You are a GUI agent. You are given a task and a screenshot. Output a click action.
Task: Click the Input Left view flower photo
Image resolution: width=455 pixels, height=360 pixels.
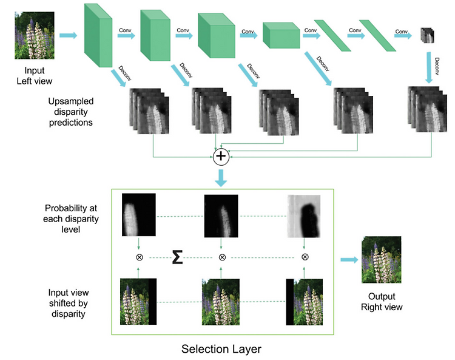(x=35, y=35)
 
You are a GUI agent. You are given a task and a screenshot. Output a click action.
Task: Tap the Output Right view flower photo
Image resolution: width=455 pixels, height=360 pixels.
(x=382, y=260)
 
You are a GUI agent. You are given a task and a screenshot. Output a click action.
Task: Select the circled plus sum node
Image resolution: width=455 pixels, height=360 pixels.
(x=221, y=157)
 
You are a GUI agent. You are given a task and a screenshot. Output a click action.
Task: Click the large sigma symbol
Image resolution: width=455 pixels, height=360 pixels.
(x=177, y=257)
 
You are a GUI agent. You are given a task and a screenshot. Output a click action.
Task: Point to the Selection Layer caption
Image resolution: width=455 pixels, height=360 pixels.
(x=221, y=349)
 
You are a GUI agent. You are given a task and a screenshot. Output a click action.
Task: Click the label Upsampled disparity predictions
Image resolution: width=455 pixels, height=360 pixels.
(x=70, y=112)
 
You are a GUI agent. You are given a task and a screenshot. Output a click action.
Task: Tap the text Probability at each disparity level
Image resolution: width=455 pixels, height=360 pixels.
(x=71, y=219)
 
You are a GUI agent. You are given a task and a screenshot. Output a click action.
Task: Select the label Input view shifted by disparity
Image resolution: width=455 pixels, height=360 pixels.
(x=69, y=303)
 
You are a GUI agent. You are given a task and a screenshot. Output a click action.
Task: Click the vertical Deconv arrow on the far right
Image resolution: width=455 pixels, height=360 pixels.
(x=429, y=68)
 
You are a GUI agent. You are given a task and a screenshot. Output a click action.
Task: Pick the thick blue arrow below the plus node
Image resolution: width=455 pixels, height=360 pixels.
(x=221, y=178)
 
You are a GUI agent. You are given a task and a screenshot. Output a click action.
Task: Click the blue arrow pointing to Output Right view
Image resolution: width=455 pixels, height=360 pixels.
(x=349, y=260)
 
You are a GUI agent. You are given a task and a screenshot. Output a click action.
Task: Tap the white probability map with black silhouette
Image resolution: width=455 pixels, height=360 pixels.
(x=304, y=216)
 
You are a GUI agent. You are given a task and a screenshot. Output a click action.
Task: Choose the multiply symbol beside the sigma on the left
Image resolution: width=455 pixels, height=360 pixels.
(x=140, y=257)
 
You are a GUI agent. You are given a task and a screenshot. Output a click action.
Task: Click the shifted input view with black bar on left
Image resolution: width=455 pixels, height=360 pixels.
(x=304, y=302)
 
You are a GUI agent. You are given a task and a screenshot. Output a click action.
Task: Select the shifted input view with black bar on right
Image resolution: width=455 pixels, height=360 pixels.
(x=138, y=301)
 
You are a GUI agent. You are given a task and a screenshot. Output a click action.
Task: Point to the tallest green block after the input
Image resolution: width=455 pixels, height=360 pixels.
(x=98, y=35)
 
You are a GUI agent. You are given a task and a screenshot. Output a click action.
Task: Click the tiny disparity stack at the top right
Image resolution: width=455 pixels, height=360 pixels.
(x=428, y=35)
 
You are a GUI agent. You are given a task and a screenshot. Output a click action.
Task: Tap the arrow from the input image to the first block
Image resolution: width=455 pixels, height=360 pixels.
(x=69, y=35)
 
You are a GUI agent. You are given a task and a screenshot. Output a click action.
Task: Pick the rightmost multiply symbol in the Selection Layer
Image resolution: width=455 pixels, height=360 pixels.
(x=305, y=257)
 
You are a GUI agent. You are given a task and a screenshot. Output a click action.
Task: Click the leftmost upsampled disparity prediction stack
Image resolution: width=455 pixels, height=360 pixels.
(x=149, y=111)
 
